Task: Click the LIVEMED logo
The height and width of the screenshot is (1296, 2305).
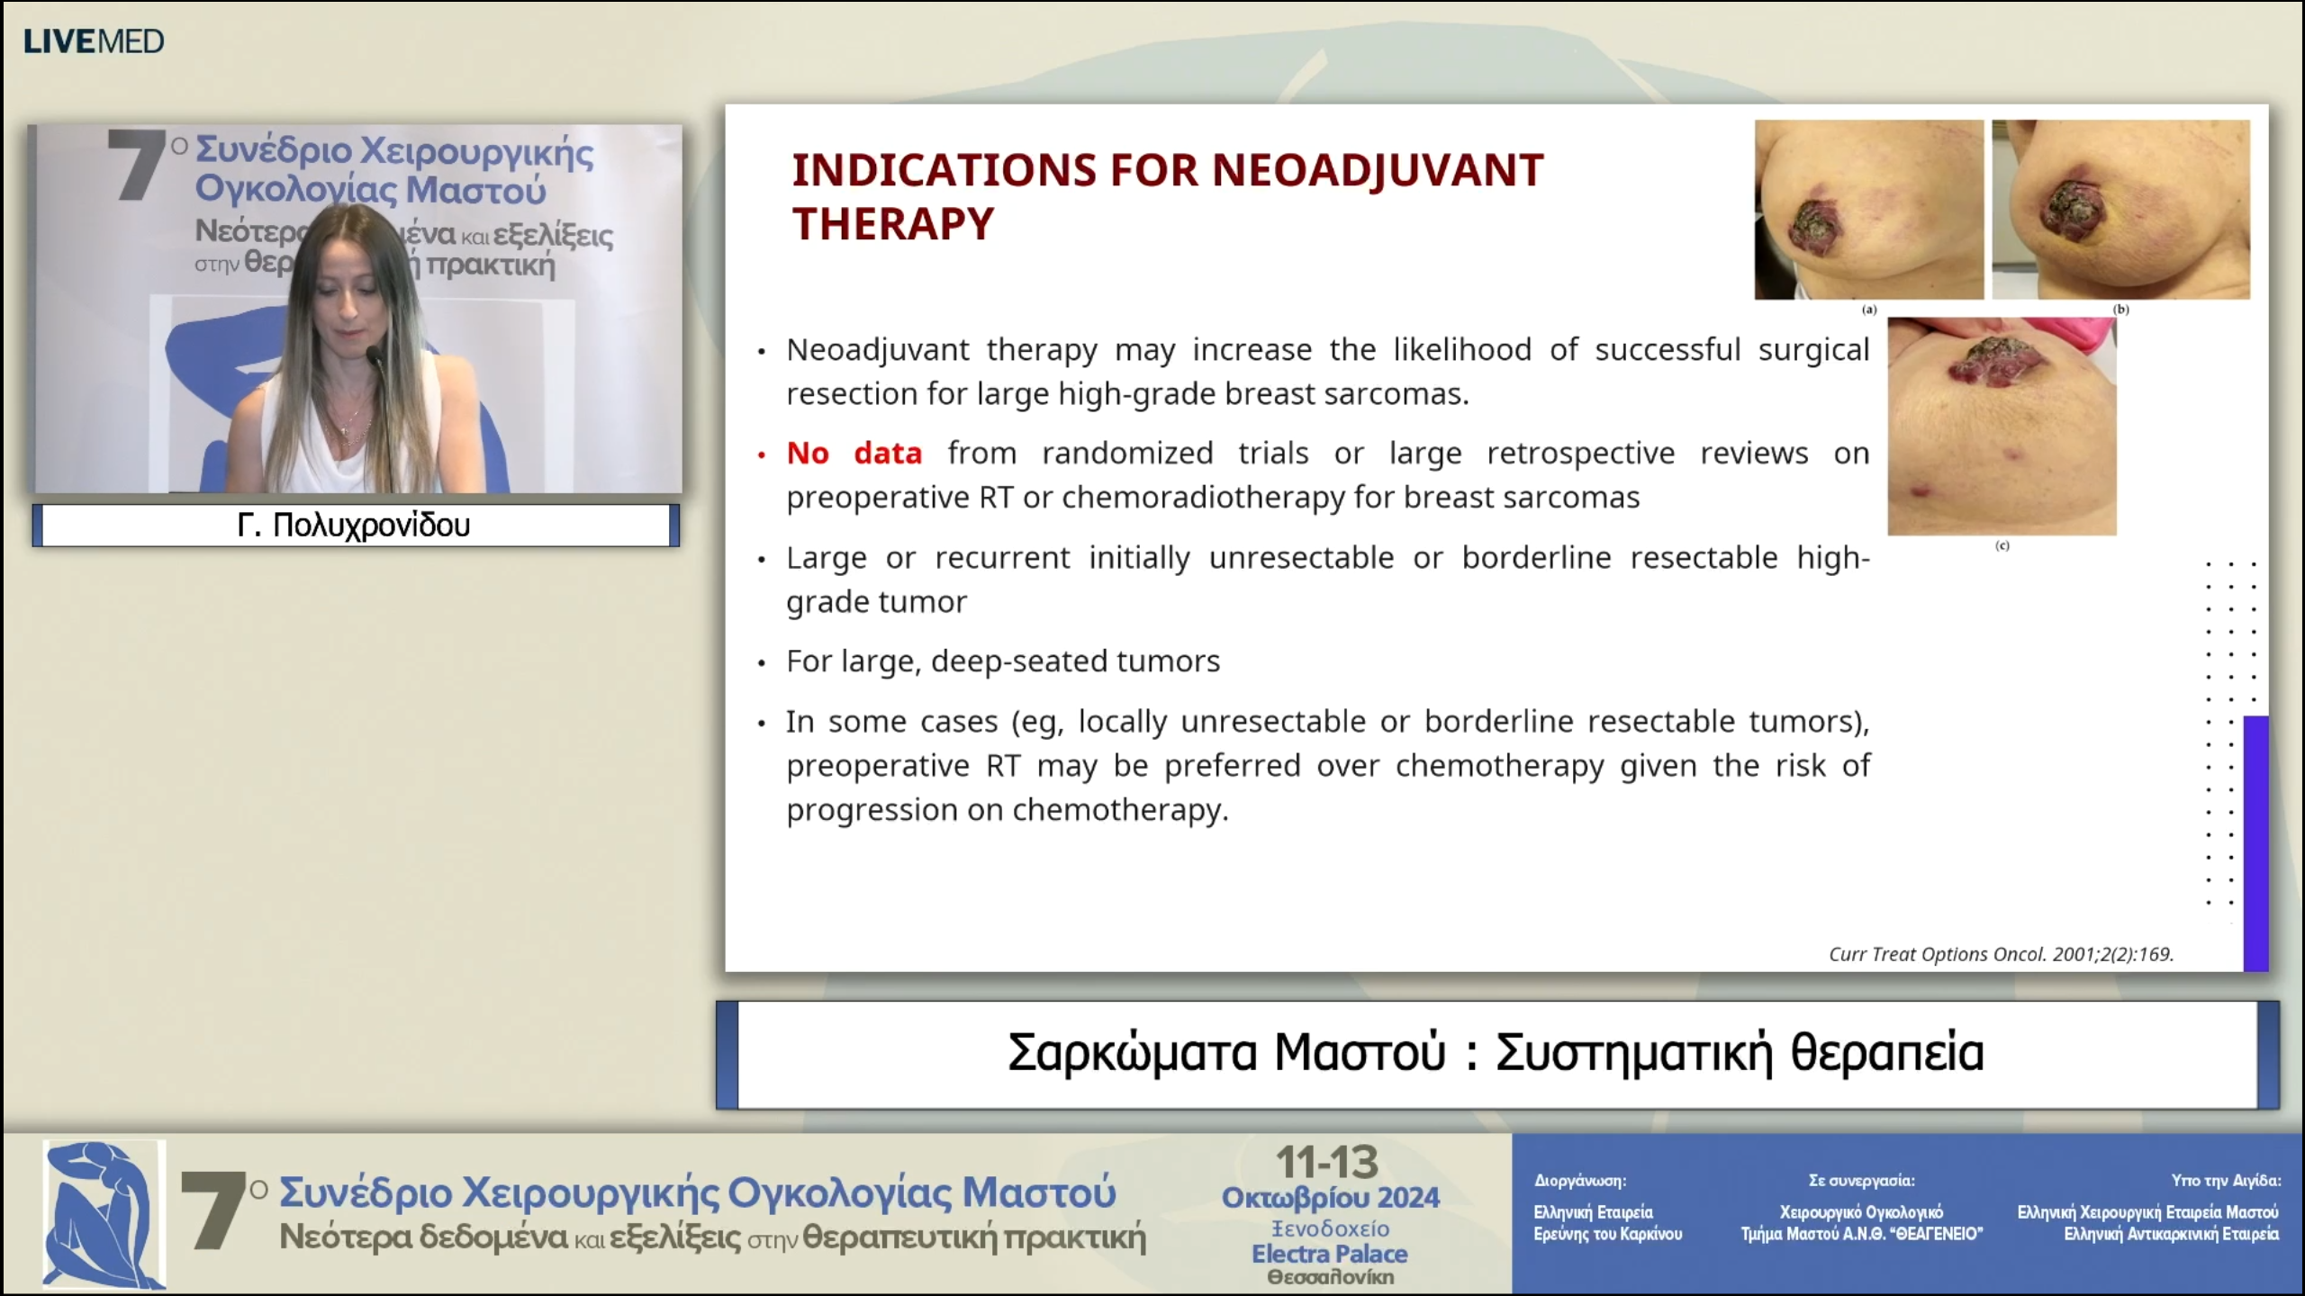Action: [94, 41]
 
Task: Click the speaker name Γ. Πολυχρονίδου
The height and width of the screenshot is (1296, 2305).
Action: [354, 525]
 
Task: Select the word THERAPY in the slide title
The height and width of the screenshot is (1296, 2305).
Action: [893, 223]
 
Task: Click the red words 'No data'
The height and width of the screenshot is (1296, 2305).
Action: [854, 453]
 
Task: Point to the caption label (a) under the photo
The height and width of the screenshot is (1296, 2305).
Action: [1869, 310]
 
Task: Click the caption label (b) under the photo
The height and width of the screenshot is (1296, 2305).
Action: [2121, 310]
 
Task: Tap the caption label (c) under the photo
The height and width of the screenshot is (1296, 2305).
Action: [2002, 545]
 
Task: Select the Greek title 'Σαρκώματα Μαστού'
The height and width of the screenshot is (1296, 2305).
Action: [1226, 1052]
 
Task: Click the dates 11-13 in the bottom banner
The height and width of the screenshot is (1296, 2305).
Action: [1328, 1162]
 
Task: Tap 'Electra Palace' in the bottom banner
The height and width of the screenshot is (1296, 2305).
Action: [1330, 1254]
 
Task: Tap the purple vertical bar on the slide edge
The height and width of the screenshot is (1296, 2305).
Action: [2255, 843]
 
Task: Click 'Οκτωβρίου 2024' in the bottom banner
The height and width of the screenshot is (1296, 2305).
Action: [1330, 1198]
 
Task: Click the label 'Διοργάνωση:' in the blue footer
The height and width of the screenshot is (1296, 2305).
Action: [1580, 1181]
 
